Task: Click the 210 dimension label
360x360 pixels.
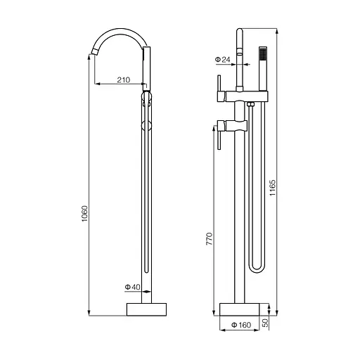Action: tap(123, 80)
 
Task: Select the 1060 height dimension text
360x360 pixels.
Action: tap(84, 214)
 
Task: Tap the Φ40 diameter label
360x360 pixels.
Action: tap(132, 287)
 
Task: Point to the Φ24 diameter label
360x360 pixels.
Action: tap(222, 60)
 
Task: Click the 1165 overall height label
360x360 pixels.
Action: tap(273, 188)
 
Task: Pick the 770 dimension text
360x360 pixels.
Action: tap(209, 239)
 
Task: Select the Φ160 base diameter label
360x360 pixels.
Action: tap(241, 325)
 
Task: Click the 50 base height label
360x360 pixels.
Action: tap(265, 323)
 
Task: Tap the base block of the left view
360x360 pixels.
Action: tap(146, 309)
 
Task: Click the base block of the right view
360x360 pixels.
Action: tap(240, 309)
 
